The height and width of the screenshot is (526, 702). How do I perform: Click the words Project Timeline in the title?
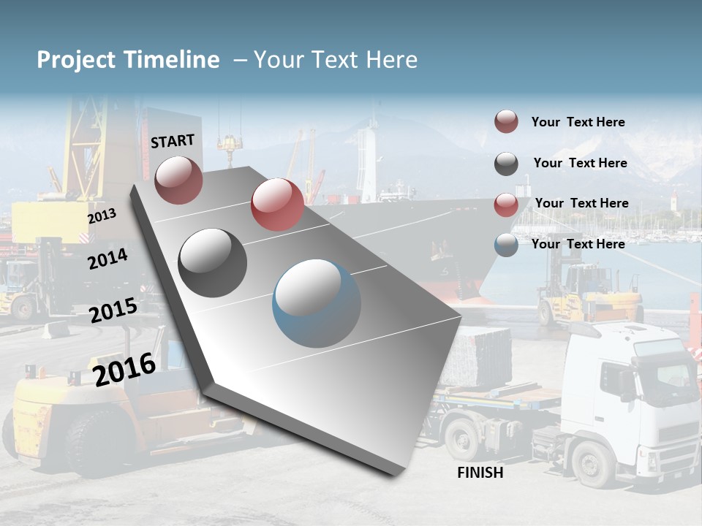(128, 60)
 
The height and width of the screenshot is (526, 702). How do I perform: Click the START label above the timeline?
(173, 141)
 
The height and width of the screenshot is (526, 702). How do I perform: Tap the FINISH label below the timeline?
(480, 473)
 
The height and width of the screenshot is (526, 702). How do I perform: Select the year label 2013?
(102, 217)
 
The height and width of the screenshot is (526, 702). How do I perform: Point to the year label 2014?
(107, 259)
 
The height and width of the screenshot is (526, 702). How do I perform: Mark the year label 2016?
(124, 370)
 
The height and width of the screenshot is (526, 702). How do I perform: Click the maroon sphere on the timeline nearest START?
(178, 180)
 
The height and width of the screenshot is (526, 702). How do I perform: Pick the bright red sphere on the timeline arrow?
(277, 204)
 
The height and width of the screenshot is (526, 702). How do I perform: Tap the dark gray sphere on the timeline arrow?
(213, 262)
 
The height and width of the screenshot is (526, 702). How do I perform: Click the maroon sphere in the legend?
(506, 122)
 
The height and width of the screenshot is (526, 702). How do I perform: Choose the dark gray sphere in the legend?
(506, 164)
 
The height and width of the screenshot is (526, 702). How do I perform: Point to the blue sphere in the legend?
(506, 245)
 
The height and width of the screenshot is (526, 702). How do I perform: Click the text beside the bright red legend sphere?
(581, 203)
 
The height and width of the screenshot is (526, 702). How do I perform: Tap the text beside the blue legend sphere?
(578, 244)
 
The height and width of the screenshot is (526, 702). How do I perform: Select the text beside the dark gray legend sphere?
(580, 163)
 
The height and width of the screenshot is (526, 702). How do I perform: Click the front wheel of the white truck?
(593, 463)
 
